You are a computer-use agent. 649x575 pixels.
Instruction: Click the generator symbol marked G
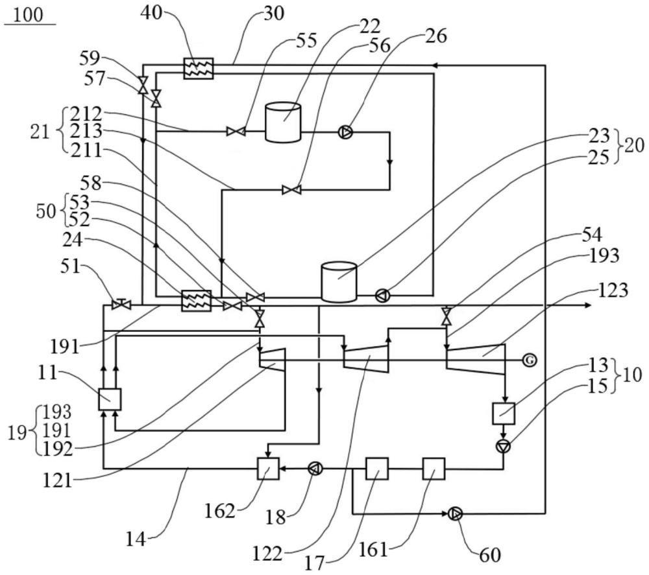pyautogui.click(x=529, y=360)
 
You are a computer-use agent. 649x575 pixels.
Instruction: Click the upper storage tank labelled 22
pyautogui.click(x=283, y=123)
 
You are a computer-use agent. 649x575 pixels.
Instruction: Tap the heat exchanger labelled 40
pyautogui.click(x=199, y=68)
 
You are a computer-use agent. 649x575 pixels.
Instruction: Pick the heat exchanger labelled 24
pyautogui.click(x=197, y=301)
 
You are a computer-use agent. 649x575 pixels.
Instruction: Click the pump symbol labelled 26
pyautogui.click(x=345, y=132)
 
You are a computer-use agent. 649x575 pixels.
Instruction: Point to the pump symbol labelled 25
pyautogui.click(x=382, y=295)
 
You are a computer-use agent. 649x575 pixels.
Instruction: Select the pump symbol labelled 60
pyautogui.click(x=454, y=514)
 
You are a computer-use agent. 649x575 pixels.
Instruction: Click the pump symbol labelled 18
pyautogui.click(x=315, y=469)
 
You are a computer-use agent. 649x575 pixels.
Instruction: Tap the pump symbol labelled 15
pyautogui.click(x=504, y=447)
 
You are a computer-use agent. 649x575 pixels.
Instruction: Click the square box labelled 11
pyautogui.click(x=110, y=399)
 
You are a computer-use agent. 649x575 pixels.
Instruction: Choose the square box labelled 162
pyautogui.click(x=268, y=468)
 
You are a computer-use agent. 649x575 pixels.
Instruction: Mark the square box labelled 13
pyautogui.click(x=504, y=414)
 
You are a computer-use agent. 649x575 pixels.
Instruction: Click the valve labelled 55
pyautogui.click(x=236, y=132)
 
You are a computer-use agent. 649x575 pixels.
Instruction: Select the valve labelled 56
pyautogui.click(x=292, y=190)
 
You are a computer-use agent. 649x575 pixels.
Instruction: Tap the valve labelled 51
pyautogui.click(x=121, y=305)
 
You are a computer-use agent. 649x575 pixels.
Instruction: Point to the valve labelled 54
pyautogui.click(x=447, y=316)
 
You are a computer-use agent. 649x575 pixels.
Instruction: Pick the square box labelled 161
pyautogui.click(x=434, y=468)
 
